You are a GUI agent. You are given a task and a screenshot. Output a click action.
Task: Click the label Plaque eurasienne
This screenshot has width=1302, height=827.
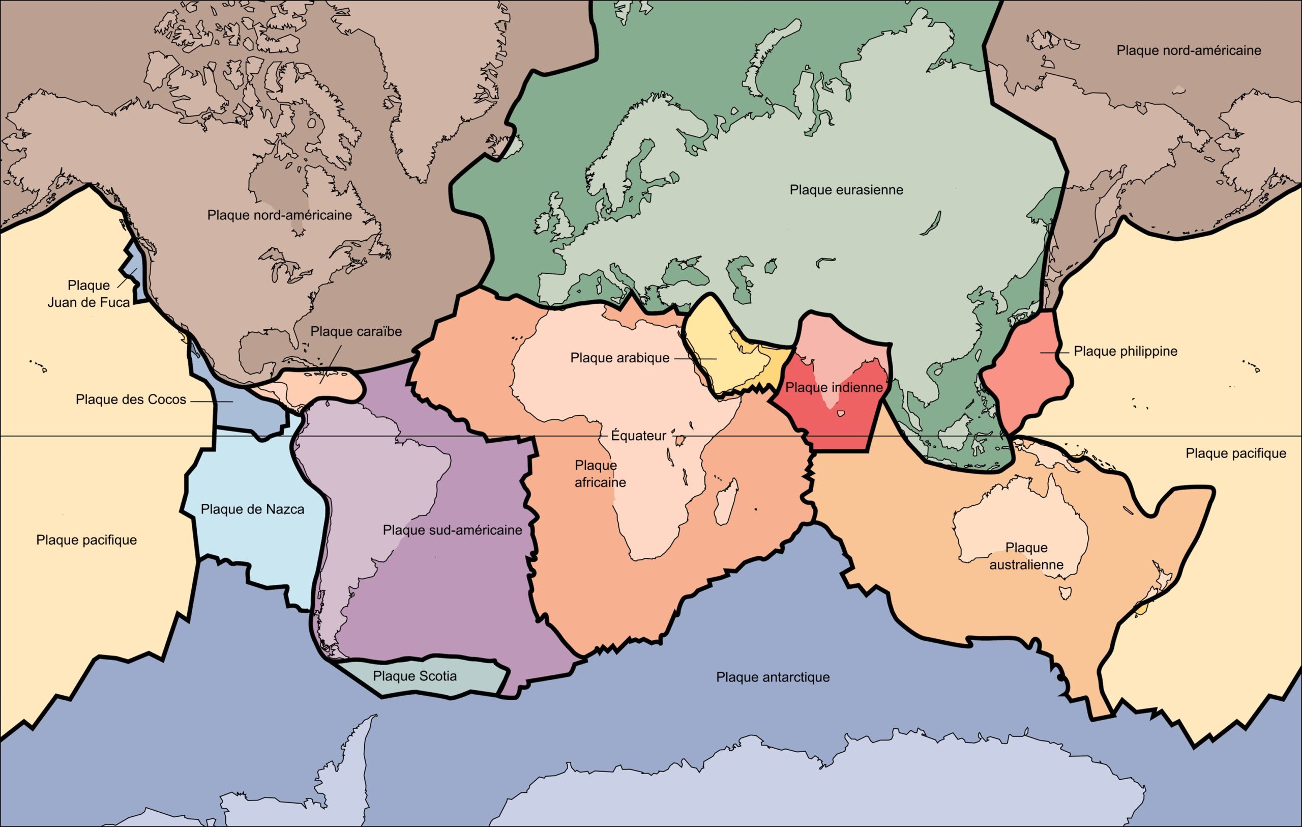[846, 190]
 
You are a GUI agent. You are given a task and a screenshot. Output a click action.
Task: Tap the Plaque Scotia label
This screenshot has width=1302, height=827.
[415, 676]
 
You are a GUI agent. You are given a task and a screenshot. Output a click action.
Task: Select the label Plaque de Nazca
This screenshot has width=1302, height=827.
[252, 509]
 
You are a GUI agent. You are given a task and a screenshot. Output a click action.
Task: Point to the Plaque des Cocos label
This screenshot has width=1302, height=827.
[131, 400]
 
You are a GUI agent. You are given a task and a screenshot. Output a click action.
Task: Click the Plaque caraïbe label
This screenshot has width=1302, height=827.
[356, 331]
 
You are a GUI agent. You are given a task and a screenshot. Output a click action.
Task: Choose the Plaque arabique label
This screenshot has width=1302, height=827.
[619, 358]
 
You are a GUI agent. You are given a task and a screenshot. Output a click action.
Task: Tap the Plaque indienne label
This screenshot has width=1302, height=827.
[834, 388]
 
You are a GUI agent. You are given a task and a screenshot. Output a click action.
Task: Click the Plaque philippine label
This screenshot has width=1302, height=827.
[1125, 351]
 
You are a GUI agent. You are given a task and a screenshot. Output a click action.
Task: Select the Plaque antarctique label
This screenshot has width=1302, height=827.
[773, 677]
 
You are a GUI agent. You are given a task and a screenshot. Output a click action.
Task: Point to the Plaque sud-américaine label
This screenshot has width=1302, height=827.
[452, 530]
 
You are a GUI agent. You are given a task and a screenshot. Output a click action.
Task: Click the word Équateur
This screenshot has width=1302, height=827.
[639, 436]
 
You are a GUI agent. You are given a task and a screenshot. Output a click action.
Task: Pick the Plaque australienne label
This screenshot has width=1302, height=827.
[1026, 556]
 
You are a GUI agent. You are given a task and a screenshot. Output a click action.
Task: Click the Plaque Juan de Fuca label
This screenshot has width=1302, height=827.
[88, 294]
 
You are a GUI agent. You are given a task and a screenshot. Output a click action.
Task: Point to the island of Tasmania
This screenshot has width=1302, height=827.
[1066, 593]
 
